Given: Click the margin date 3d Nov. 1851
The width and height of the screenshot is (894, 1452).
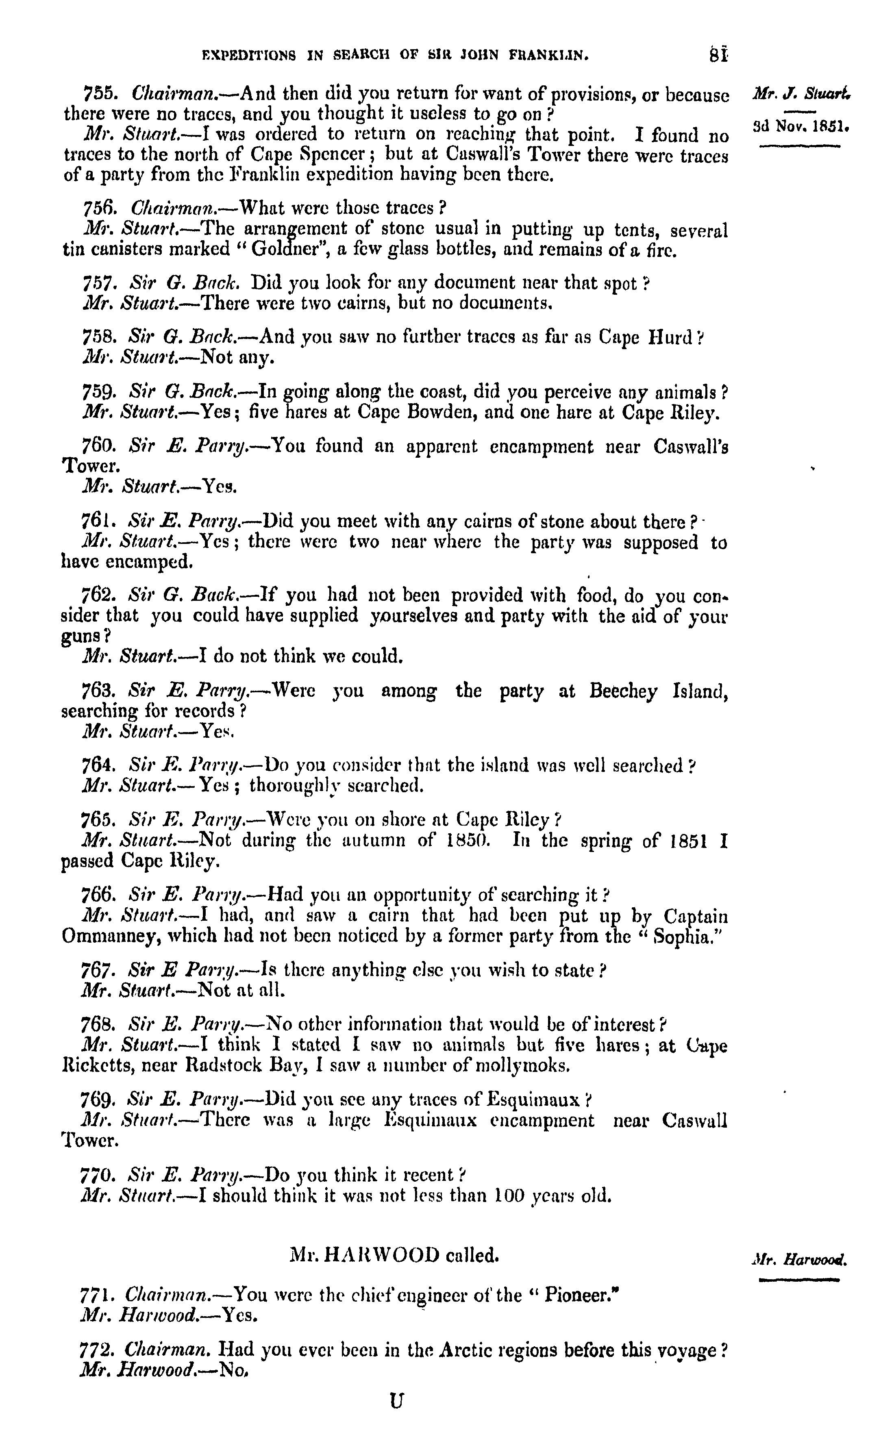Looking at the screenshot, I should (800, 126).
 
